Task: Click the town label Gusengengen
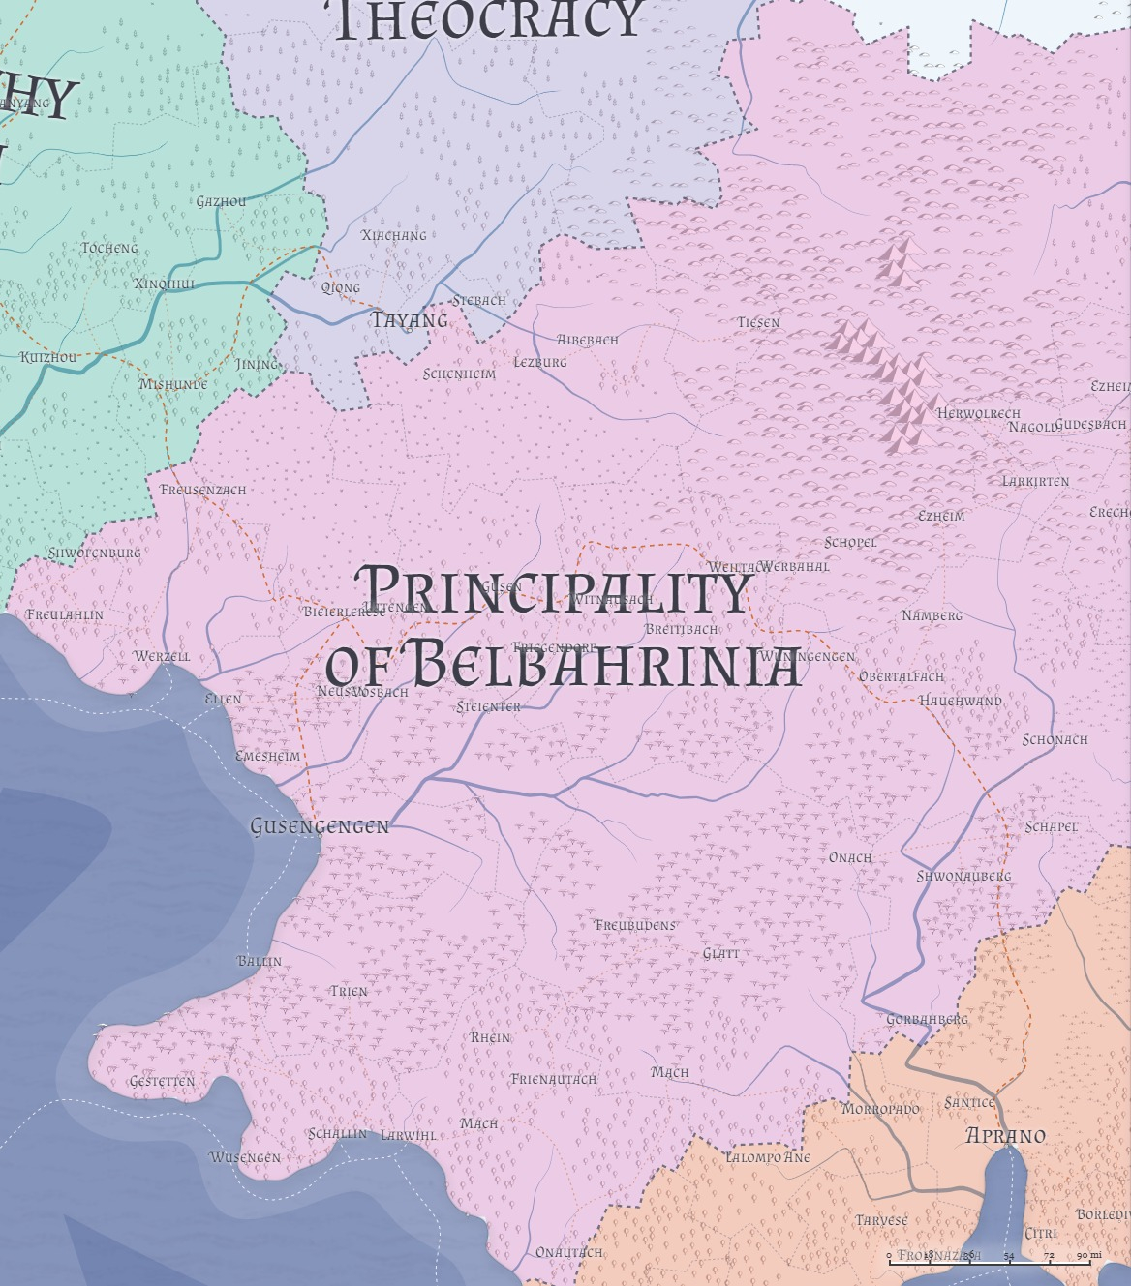point(320,826)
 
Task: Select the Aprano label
point(1005,1136)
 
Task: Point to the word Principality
point(553,590)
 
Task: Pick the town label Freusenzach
point(203,490)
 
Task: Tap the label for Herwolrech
point(979,413)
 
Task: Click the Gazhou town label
point(221,201)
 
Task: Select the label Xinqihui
point(165,284)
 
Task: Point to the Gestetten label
point(162,1081)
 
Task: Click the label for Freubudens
point(635,925)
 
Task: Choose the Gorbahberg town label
point(927,1019)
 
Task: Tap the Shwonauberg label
point(963,876)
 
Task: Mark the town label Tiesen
point(758,322)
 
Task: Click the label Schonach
point(1055,739)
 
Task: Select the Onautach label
point(568,1252)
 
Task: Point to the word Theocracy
point(489,19)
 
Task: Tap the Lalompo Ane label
point(768,1157)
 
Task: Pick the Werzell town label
point(162,656)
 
